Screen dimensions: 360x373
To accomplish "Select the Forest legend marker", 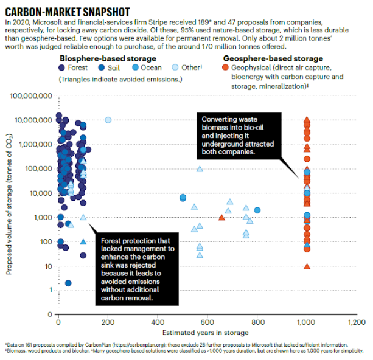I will pyautogui.click(x=62, y=67).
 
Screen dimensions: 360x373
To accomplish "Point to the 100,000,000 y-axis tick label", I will pyautogui.click(x=32, y=95).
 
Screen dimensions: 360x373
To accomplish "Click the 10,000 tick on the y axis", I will pyautogui.click(x=41, y=193).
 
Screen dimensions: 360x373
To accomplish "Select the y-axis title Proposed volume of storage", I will pyautogui.click(x=9, y=205).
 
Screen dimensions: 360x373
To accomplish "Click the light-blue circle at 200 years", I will pyautogui.click(x=108, y=120).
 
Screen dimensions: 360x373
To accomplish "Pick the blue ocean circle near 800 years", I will pyautogui.click(x=257, y=210).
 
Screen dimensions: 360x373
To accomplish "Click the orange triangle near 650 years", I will pyautogui.click(x=221, y=217).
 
